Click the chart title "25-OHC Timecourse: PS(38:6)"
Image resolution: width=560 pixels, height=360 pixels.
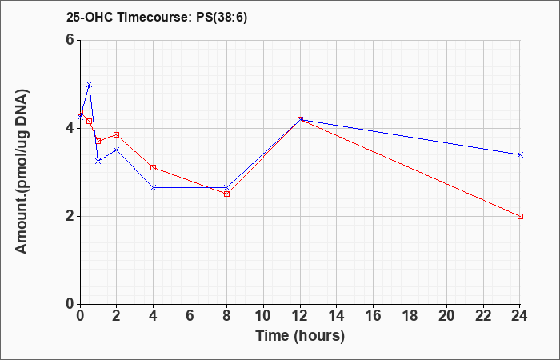[157, 18]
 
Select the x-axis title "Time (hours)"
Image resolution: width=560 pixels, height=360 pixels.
[300, 336]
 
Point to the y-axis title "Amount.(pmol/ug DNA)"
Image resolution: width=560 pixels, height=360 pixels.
[22, 171]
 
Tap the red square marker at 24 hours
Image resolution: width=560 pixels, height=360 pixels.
[520, 217]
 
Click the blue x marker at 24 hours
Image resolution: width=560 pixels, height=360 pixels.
[520, 154]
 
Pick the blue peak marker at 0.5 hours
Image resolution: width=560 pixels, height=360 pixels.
[90, 85]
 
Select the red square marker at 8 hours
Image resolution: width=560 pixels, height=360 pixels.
[226, 194]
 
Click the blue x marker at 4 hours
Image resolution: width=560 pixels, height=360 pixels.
[154, 187]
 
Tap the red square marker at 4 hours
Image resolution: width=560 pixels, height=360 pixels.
[154, 167]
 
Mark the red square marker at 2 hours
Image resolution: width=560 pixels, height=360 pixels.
[117, 134]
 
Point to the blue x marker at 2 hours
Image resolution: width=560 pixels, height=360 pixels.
[117, 150]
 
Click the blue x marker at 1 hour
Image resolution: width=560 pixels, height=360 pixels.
[98, 162]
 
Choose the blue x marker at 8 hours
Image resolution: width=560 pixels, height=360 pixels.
[226, 187]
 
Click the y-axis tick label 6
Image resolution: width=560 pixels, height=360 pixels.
[70, 40]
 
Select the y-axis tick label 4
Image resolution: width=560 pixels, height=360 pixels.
[70, 128]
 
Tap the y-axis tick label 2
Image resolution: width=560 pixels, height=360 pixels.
[70, 217]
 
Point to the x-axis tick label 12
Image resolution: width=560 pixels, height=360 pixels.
[300, 316]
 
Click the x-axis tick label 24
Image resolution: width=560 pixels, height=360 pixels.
[520, 316]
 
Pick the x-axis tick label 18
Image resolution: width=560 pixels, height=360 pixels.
[410, 316]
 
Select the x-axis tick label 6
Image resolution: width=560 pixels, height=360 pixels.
[190, 316]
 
